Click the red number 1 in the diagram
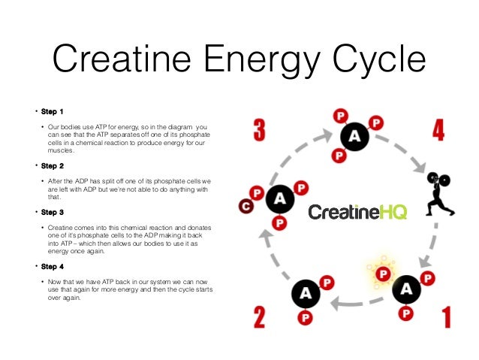point(445,315)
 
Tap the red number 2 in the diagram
point(258,315)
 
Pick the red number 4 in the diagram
point(438,129)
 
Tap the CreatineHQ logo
point(357,213)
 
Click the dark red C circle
point(244,206)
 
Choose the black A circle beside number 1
point(406,289)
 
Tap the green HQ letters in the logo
point(393,213)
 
